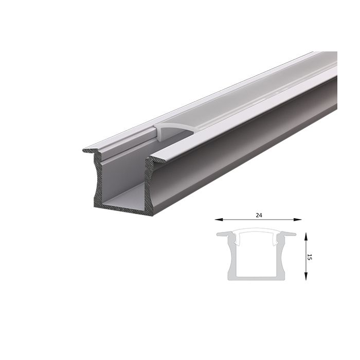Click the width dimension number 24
258,214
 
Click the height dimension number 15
309,256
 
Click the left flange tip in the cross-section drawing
219,235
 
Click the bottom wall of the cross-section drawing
256,278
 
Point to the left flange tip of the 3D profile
86,150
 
